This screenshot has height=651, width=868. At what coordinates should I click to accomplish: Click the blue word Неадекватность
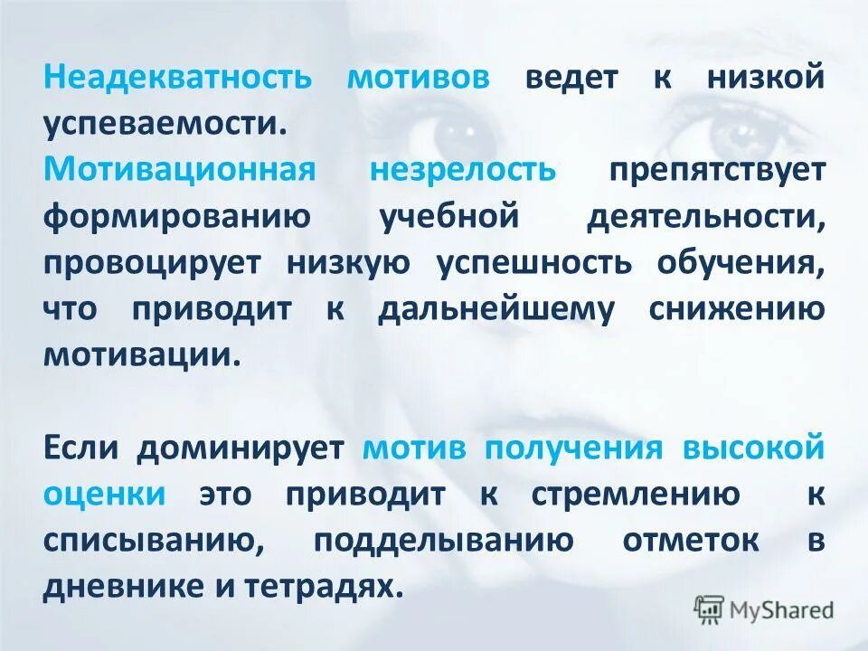[177, 77]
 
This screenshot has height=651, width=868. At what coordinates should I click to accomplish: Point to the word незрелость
[462, 169]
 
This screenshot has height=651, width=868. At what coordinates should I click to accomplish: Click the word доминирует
[241, 447]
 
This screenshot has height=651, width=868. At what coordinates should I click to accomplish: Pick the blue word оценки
[104, 493]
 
